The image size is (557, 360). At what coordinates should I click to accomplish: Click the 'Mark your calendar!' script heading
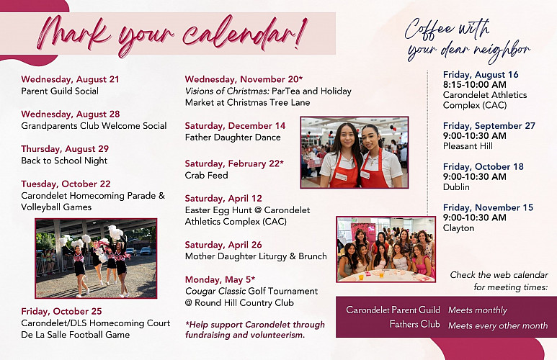click(171, 35)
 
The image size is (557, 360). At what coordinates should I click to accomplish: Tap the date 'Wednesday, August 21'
click(70, 79)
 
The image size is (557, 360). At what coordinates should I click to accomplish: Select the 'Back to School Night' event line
click(64, 161)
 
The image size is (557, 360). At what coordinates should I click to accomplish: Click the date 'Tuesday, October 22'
click(66, 184)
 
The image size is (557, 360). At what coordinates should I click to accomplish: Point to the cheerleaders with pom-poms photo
click(96, 258)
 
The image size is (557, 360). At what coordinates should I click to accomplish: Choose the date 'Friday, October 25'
click(61, 311)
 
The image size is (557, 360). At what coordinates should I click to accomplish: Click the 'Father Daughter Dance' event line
click(233, 138)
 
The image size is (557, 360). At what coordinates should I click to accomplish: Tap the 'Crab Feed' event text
click(206, 176)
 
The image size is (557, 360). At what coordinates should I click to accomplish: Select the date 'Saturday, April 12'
click(223, 199)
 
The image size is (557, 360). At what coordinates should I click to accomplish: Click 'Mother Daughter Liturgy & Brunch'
click(256, 256)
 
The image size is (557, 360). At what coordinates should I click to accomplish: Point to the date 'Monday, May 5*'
click(220, 280)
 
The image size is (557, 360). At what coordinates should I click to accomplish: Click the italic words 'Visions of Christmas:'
click(227, 91)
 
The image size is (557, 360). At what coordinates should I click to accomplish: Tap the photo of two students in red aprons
click(355, 153)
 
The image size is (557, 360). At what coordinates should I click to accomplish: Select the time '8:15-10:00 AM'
click(475, 85)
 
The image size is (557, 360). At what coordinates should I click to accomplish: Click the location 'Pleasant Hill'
click(468, 146)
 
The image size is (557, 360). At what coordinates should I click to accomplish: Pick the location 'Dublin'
click(456, 186)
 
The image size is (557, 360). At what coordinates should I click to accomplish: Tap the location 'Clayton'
click(458, 228)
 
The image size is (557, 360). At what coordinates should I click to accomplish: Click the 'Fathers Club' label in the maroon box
click(414, 325)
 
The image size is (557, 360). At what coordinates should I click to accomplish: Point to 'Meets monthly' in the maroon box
click(478, 310)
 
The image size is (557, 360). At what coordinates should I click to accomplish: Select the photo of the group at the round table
click(386, 249)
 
